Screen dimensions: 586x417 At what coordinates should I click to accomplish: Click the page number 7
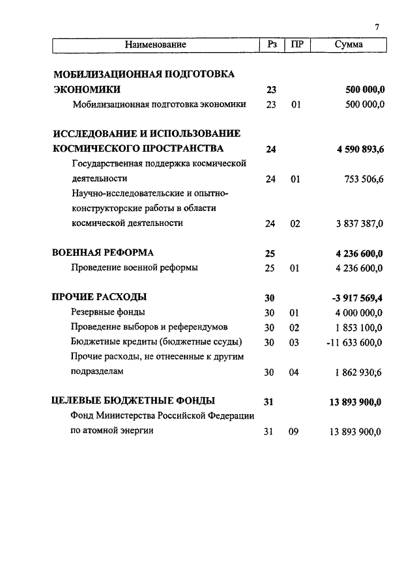click(x=377, y=27)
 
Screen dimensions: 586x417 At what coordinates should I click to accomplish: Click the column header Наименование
click(x=156, y=45)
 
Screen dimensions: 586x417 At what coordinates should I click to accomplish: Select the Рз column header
click(x=272, y=45)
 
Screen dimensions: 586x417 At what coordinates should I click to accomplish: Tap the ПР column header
click(x=297, y=45)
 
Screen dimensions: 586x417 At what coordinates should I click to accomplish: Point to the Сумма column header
click(x=349, y=45)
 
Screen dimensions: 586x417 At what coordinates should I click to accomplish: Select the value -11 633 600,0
click(x=354, y=342)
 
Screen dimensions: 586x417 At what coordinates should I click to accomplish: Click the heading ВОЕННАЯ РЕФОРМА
click(x=103, y=253)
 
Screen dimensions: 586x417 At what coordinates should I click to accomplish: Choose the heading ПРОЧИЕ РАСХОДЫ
click(x=99, y=298)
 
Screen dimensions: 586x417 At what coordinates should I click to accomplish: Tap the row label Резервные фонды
click(x=104, y=313)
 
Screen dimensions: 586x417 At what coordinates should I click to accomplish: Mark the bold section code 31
click(x=269, y=402)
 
